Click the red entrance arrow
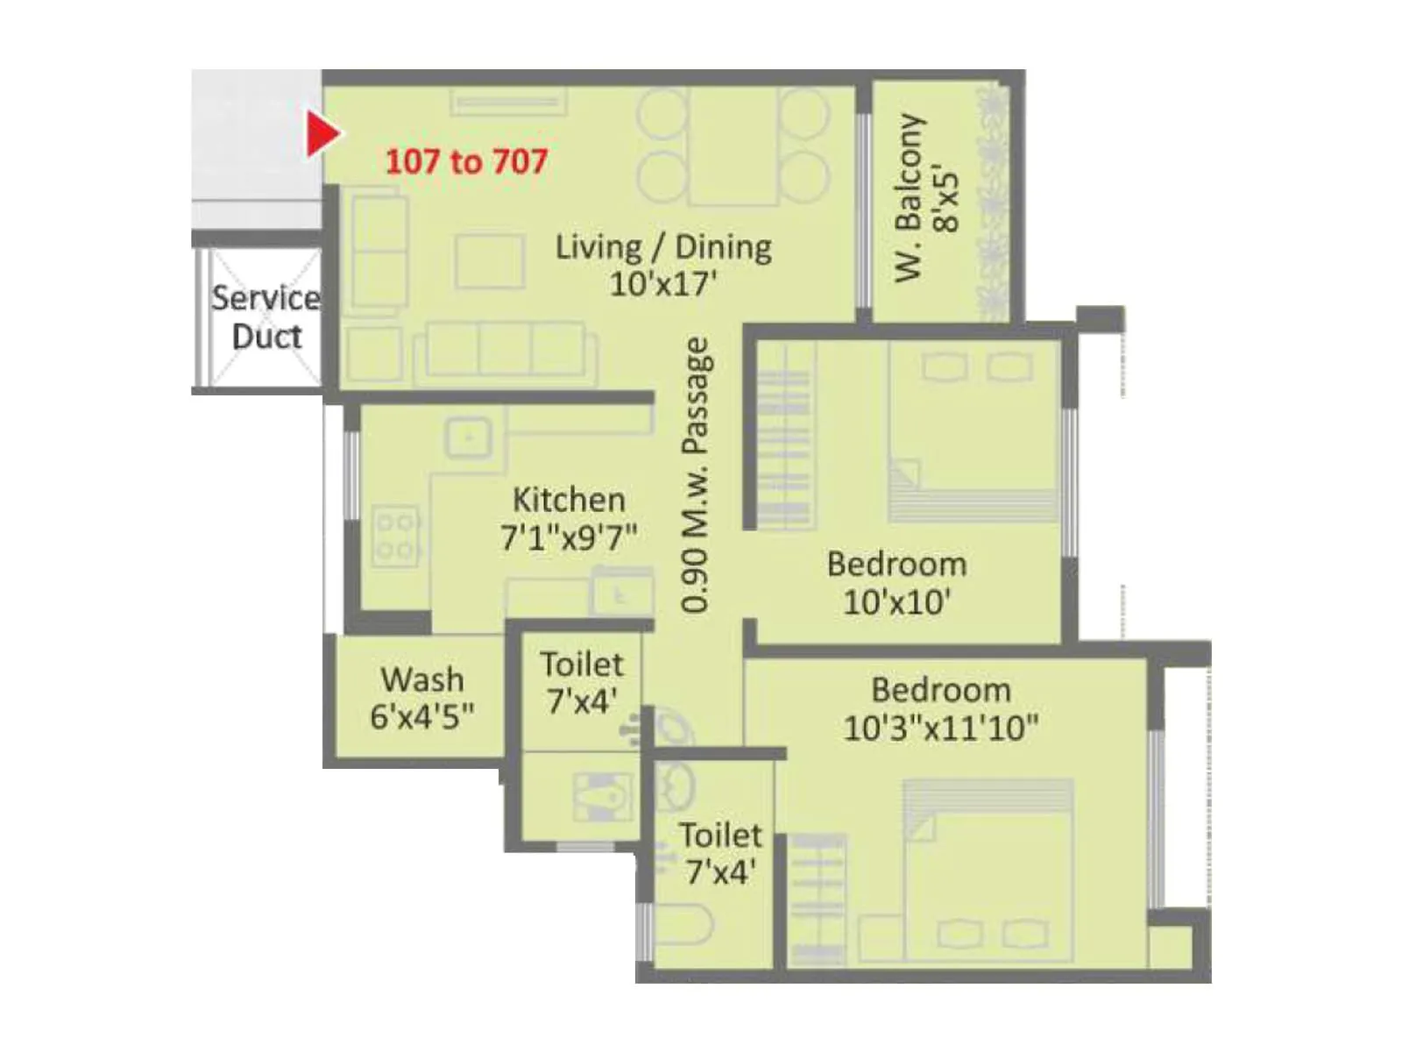pyautogui.click(x=322, y=135)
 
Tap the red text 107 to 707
pyautogui.click(x=466, y=161)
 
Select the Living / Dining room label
pyautogui.click(x=663, y=247)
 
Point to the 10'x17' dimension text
pyautogui.click(x=663, y=284)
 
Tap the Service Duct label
pyautogui.click(x=266, y=317)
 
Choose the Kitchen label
pyautogui.click(x=569, y=500)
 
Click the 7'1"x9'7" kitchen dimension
pyautogui.click(x=569, y=537)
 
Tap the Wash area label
pyautogui.click(x=421, y=679)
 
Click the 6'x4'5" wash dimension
pyautogui.click(x=421, y=716)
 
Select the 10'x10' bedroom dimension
pyautogui.click(x=896, y=602)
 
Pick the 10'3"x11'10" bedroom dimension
pyautogui.click(x=940, y=728)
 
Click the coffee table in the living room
pyautogui.click(x=490, y=260)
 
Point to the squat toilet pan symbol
pyautogui.click(x=604, y=796)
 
